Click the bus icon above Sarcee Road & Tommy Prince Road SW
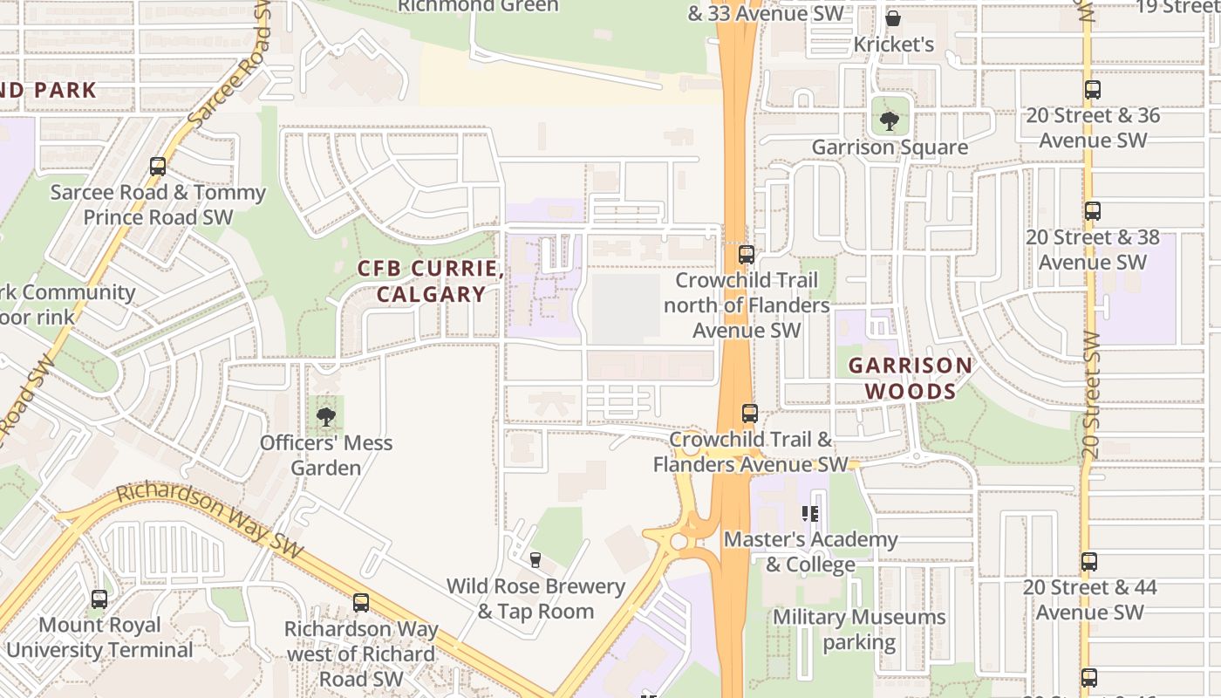coord(158,166)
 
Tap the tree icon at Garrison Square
coord(889,120)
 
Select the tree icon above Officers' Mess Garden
coord(326,416)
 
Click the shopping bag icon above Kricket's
coord(893,17)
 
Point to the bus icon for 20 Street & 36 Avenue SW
coord(1092,89)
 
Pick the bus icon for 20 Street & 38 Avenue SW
coord(1092,210)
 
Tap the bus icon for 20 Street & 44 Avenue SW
coord(1089,561)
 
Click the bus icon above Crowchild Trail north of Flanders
coord(747,254)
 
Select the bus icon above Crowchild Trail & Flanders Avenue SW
coord(749,414)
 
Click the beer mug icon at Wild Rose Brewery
coord(535,559)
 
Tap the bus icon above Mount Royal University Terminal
coord(99,599)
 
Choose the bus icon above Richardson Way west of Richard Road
coord(360,602)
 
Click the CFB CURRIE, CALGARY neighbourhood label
coord(431,281)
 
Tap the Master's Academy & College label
coord(810,551)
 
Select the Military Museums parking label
coord(859,630)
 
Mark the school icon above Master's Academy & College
coord(810,514)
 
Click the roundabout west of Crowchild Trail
coord(678,541)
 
